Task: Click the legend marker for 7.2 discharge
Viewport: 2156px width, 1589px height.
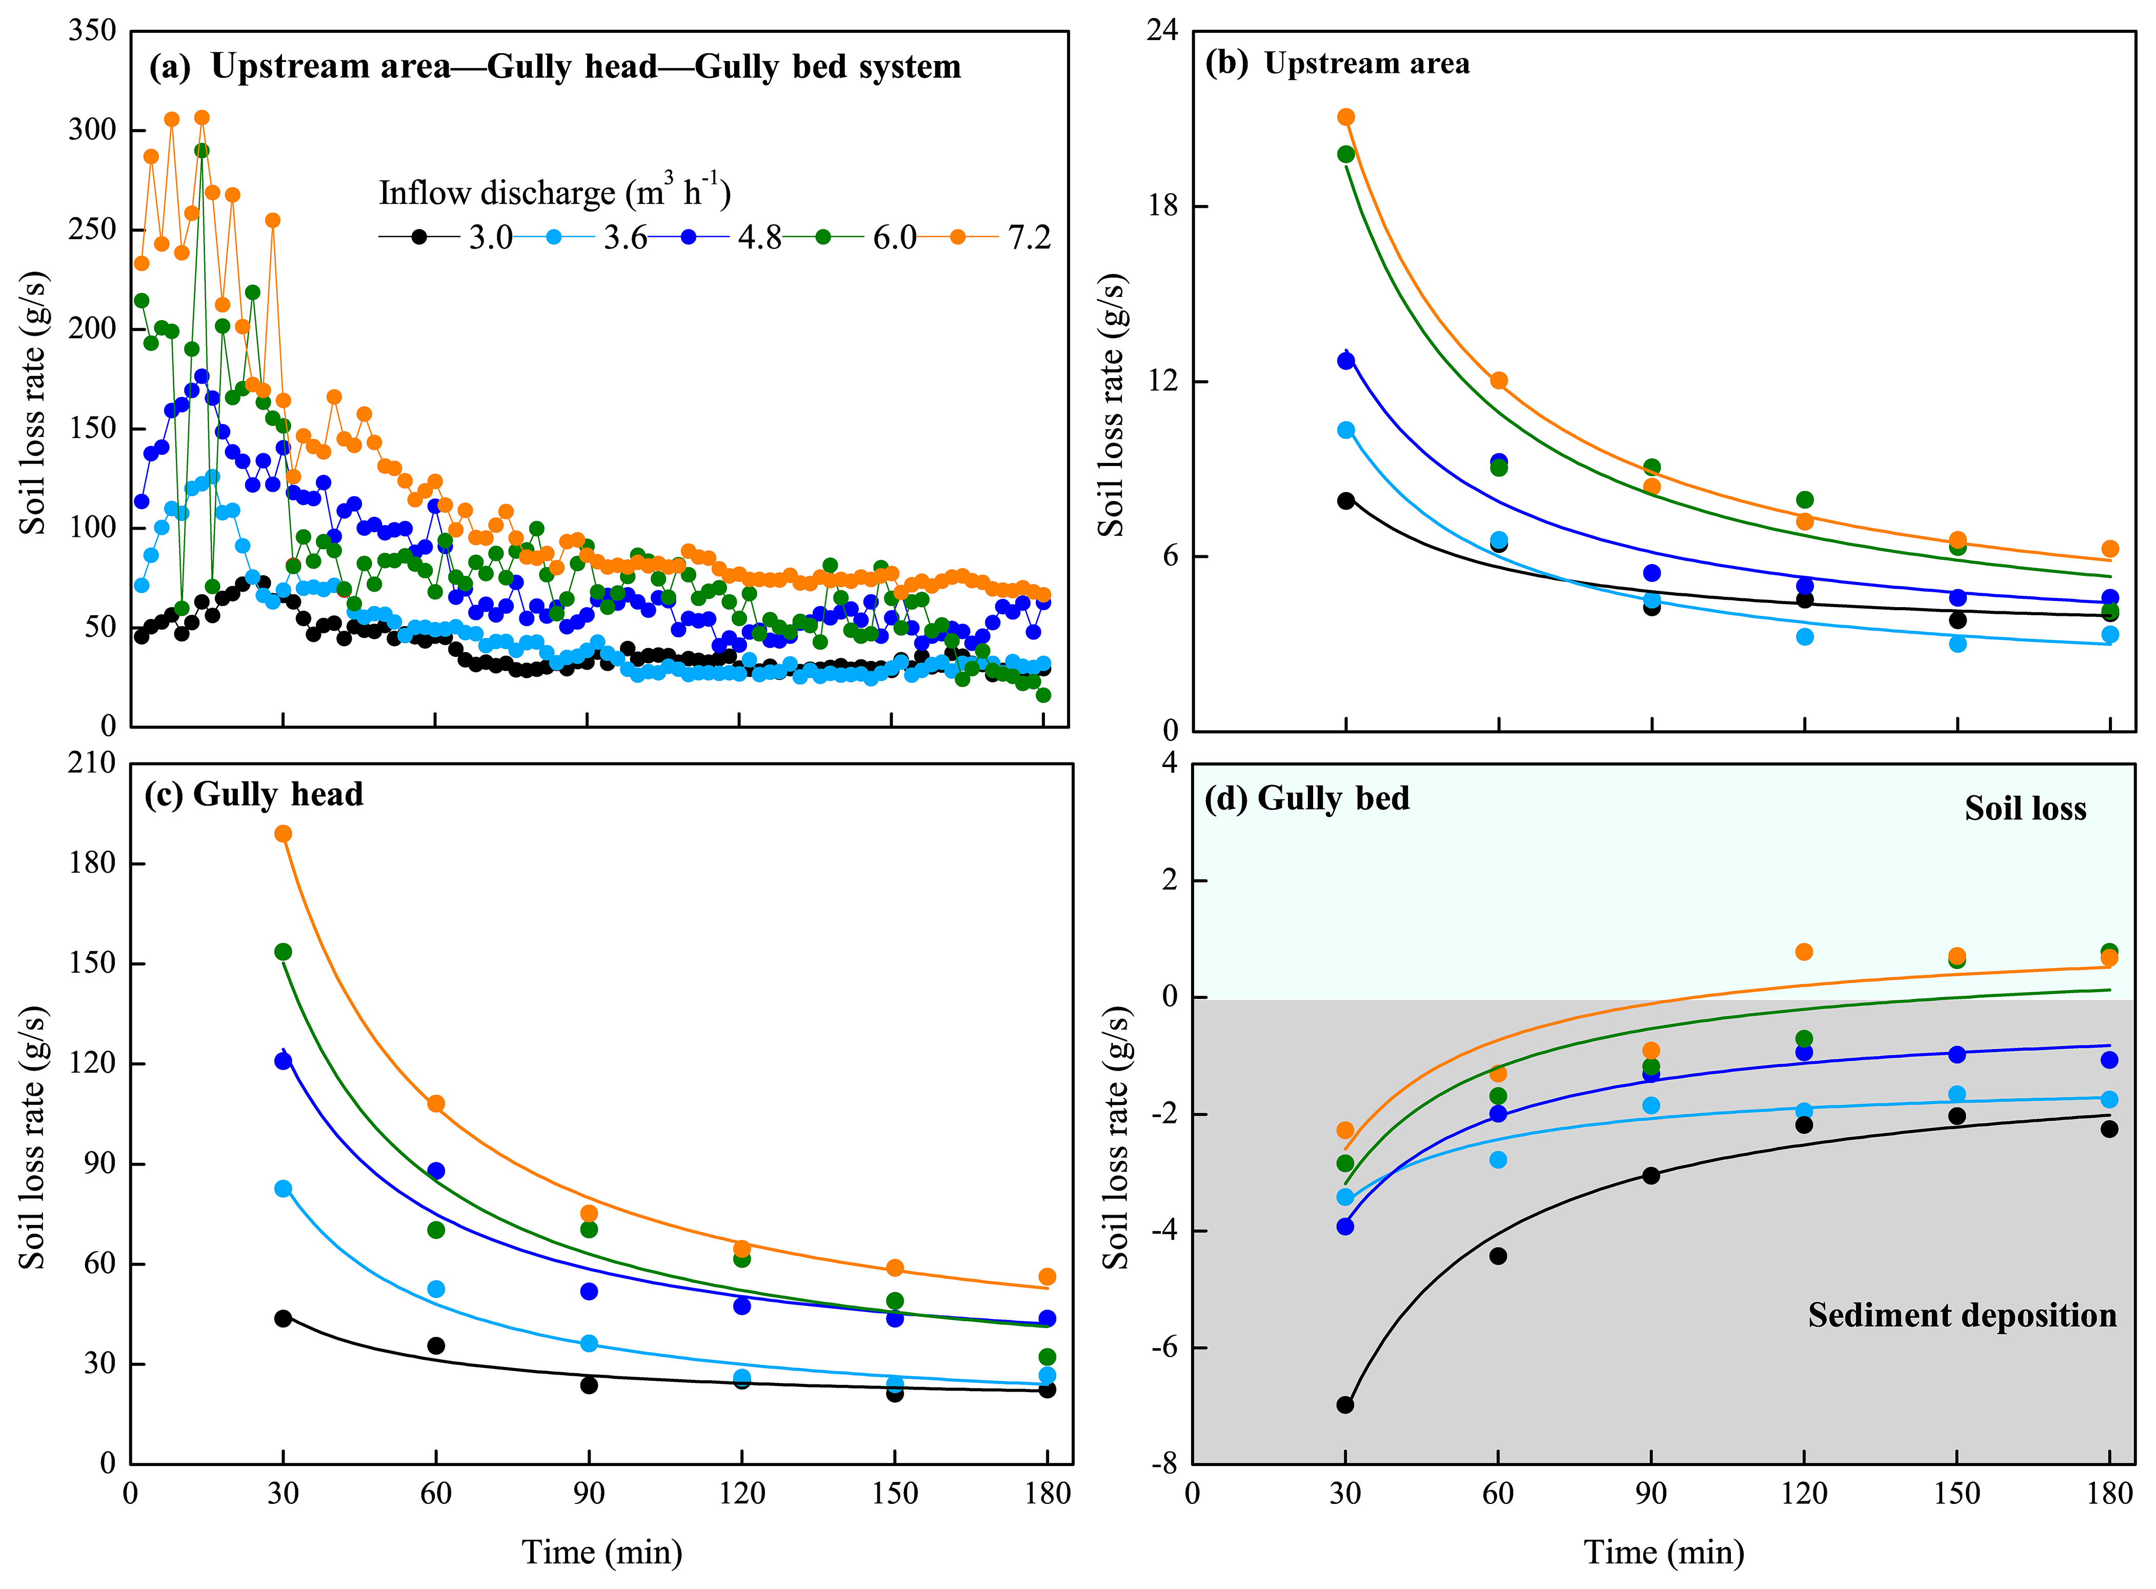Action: point(958,236)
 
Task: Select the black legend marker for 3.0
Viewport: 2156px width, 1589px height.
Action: point(419,236)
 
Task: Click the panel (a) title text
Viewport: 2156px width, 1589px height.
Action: point(555,66)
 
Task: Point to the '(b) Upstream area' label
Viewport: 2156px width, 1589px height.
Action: point(1337,64)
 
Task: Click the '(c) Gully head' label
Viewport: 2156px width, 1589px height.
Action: point(254,795)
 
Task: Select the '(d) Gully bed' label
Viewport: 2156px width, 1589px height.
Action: point(1307,798)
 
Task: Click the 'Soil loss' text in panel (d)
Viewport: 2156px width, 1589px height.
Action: point(2025,808)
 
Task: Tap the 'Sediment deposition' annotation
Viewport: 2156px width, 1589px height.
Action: point(1962,1315)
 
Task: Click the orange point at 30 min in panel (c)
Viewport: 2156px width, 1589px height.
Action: point(283,834)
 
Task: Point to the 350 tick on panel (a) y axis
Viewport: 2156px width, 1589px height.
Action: point(92,31)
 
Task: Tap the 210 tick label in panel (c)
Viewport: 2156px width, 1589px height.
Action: point(92,763)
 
